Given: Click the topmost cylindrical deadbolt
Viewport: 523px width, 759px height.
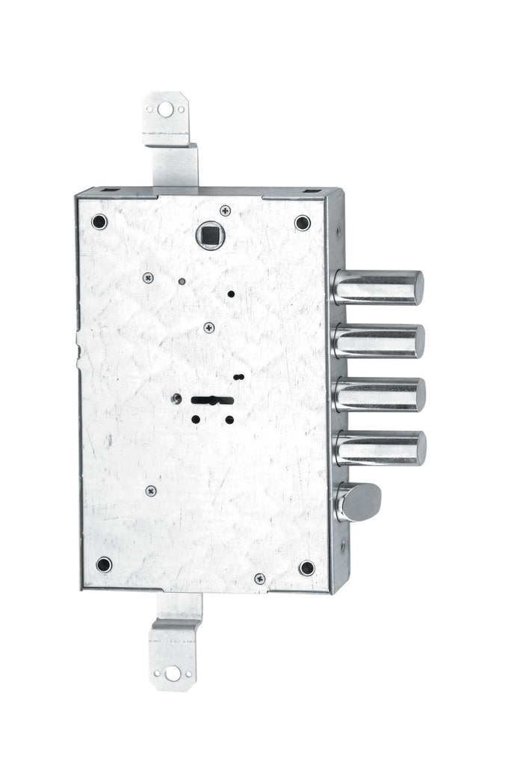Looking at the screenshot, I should click(x=378, y=287).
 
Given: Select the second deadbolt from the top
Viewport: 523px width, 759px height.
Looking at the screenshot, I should click(x=379, y=341).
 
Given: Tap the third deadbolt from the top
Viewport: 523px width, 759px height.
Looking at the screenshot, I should click(x=380, y=394).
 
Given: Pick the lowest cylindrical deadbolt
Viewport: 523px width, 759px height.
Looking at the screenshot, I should click(x=380, y=448).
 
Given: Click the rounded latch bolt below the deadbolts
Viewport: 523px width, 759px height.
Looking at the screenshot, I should click(x=359, y=501).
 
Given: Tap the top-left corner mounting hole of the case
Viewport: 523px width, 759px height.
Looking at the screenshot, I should click(x=99, y=221).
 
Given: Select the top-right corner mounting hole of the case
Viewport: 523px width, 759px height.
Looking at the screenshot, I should click(x=303, y=222).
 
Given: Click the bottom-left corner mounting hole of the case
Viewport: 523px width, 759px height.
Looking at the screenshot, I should click(x=104, y=564).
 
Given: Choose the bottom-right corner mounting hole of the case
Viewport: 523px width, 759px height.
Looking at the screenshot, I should click(x=307, y=567).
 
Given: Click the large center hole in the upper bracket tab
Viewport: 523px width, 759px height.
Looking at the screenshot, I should click(x=166, y=109).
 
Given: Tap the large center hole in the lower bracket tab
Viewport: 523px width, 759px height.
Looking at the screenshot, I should click(x=173, y=672).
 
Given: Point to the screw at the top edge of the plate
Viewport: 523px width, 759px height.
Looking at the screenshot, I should click(x=225, y=211).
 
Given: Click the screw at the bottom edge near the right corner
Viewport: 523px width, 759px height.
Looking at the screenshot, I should click(x=259, y=578).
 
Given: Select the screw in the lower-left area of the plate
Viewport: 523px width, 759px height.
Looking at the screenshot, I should click(x=151, y=491).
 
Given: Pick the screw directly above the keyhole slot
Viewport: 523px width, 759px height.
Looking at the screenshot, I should click(x=209, y=328).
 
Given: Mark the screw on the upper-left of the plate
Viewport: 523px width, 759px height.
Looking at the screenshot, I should click(x=148, y=277).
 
